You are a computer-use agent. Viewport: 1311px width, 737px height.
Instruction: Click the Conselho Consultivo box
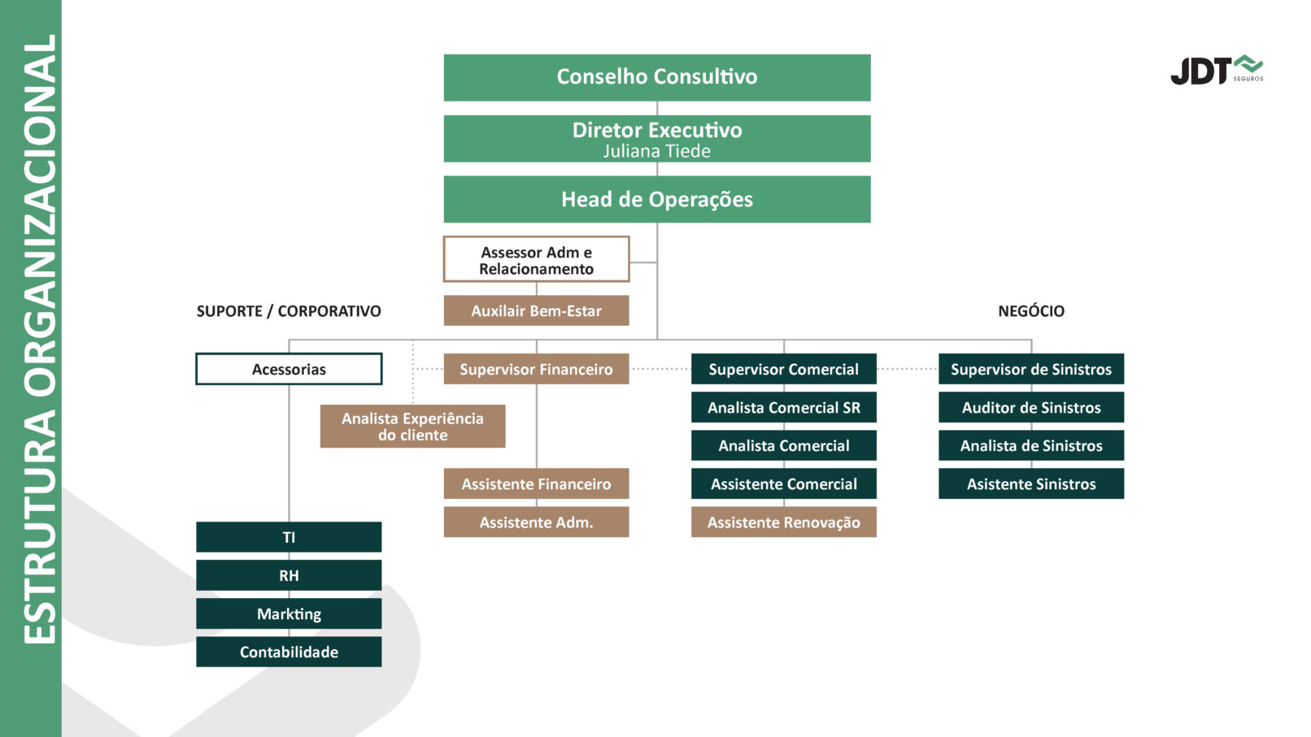click(x=656, y=77)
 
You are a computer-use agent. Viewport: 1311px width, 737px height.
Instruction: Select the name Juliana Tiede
click(x=656, y=152)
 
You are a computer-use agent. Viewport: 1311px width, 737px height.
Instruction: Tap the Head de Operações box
click(x=656, y=199)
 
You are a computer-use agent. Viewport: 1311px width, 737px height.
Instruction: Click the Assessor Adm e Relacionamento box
click(x=536, y=260)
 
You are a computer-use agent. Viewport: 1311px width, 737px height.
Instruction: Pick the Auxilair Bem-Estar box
click(x=536, y=310)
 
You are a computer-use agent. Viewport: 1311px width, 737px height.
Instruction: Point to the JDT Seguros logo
click(x=1216, y=71)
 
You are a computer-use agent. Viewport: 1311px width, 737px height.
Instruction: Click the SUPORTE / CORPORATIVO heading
click(x=289, y=311)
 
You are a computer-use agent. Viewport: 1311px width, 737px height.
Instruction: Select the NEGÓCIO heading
click(x=1030, y=311)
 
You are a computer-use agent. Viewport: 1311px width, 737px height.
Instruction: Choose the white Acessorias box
click(x=289, y=369)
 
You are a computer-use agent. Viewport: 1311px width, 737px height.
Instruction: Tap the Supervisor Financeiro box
click(x=536, y=369)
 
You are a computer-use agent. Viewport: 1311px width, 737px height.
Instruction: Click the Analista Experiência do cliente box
click(x=412, y=427)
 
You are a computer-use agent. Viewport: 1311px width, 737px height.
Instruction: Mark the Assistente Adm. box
click(x=536, y=522)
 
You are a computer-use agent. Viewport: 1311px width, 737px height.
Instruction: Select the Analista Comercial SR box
click(x=783, y=407)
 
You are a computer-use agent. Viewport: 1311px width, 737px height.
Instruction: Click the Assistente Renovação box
click(x=783, y=522)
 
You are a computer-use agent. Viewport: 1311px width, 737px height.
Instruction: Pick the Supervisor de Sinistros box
click(x=1030, y=369)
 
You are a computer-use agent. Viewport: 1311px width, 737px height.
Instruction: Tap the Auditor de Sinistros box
click(x=1030, y=407)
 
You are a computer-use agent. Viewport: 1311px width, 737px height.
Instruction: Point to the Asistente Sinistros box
click(x=1030, y=483)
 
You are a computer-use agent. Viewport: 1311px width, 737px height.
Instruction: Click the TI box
click(x=289, y=537)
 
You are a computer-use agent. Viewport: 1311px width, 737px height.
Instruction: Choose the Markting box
click(x=289, y=613)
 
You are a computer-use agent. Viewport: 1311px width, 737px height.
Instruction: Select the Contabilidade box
click(x=289, y=652)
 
